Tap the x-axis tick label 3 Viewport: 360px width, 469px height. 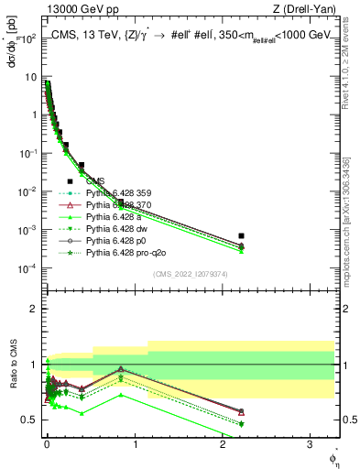point(311,444)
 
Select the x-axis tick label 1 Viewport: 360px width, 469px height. point(135,444)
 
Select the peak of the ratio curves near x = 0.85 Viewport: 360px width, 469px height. point(121,369)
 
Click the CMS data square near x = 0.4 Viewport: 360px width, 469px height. point(82,166)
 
